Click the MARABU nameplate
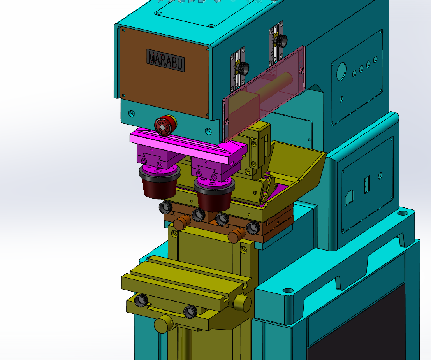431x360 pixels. [x=165, y=60]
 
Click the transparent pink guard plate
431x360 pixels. [x=264, y=93]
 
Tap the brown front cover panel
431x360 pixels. [x=164, y=73]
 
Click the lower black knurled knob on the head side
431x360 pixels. [x=243, y=68]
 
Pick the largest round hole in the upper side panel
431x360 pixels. [x=341, y=72]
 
